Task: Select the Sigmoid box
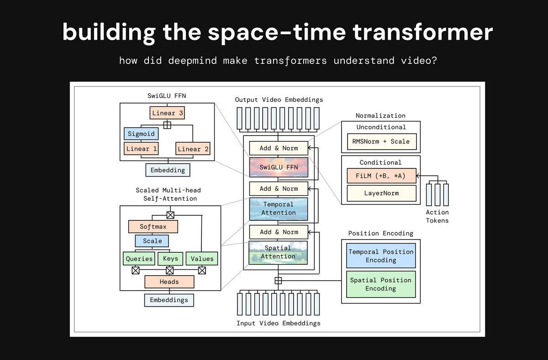[x=141, y=134]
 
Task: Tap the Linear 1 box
[x=141, y=149]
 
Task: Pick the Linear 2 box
[x=192, y=149]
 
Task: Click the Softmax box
[x=153, y=226]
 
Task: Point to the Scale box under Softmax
[x=152, y=241]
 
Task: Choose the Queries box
[x=139, y=258]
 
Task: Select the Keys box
[x=170, y=258]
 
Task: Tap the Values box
[x=202, y=258]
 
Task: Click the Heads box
[x=169, y=282]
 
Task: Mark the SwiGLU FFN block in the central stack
[x=279, y=167]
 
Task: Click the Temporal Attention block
[x=279, y=209]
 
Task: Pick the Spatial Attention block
[x=279, y=252]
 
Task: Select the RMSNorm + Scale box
[x=381, y=141]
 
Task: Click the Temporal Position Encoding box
[x=381, y=256]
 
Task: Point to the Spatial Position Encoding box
[x=381, y=284]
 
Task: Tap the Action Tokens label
[x=437, y=216]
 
